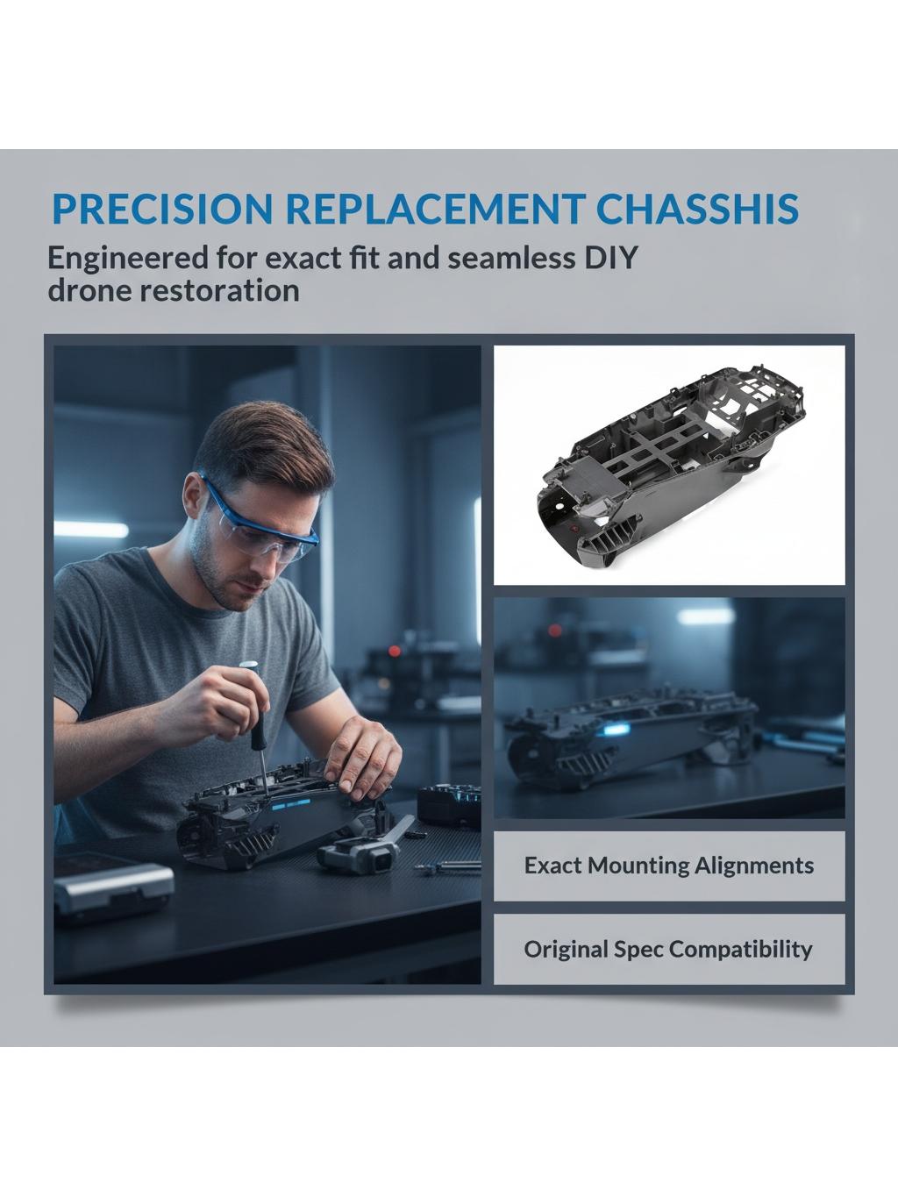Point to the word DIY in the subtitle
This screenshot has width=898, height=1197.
tap(612, 258)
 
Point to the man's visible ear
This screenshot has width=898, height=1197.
tap(192, 496)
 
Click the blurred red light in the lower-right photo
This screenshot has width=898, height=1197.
tap(554, 631)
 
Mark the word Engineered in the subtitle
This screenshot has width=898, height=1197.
tap(128, 259)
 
